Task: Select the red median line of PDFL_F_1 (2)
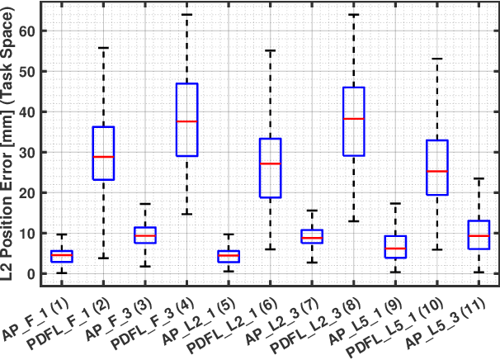[x=103, y=157]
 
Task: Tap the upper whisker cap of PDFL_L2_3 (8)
[x=353, y=15]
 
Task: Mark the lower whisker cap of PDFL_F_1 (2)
[x=103, y=258]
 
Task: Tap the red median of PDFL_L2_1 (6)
[x=270, y=163]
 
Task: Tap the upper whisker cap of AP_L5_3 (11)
[x=479, y=178]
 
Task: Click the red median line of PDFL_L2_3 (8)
[x=353, y=119]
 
